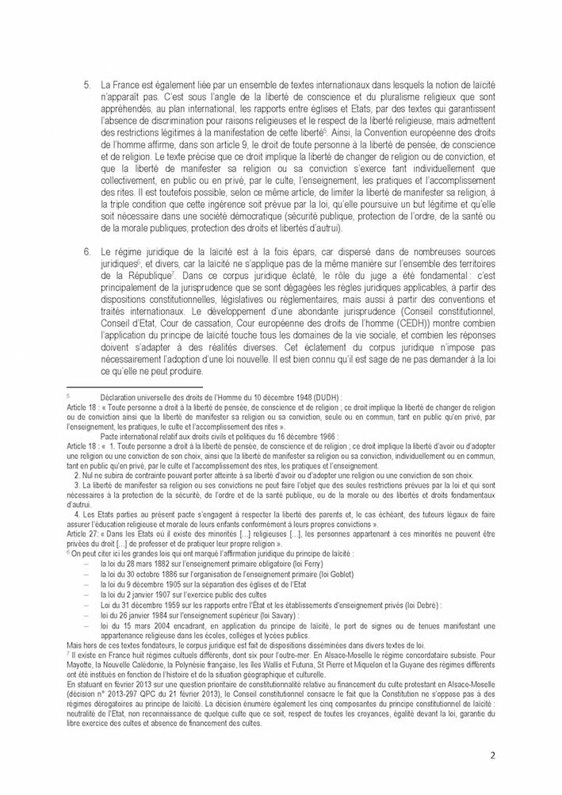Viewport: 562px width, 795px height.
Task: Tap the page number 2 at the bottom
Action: click(492, 756)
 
